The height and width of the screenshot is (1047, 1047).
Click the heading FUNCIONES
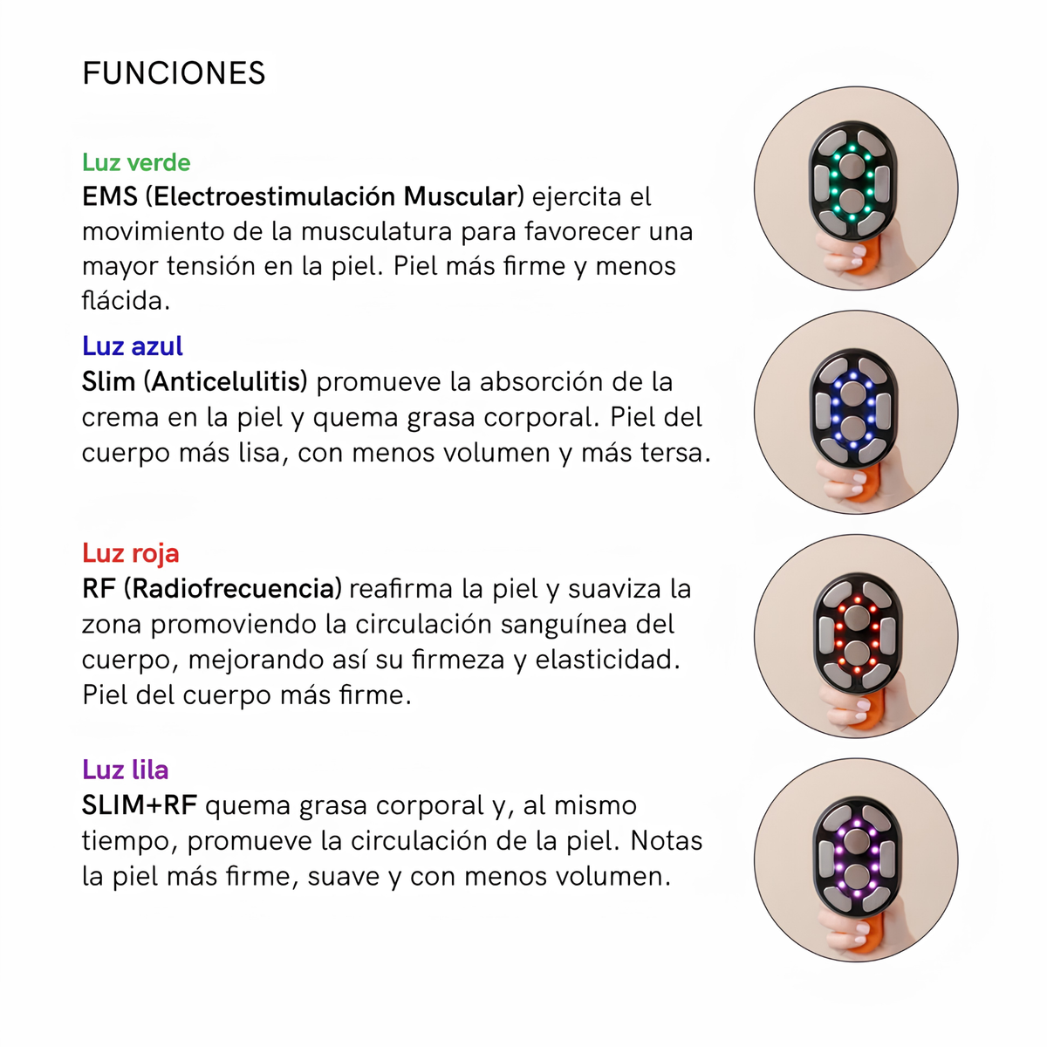[174, 73]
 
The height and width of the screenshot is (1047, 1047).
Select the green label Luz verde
[136, 162]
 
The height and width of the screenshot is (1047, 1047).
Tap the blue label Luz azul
[133, 346]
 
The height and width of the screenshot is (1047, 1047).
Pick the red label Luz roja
[130, 553]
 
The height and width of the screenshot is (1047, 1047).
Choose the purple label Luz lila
[126, 770]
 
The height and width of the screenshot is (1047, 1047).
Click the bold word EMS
[110, 196]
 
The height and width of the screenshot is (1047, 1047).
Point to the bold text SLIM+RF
[140, 805]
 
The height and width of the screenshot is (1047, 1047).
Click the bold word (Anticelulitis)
[225, 381]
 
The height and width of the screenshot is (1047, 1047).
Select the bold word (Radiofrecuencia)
[233, 589]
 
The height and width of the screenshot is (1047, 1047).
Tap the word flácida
[126, 301]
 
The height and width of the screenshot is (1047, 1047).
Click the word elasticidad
[607, 660]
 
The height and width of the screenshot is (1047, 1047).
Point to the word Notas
[666, 841]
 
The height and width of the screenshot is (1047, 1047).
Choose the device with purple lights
[857, 858]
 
